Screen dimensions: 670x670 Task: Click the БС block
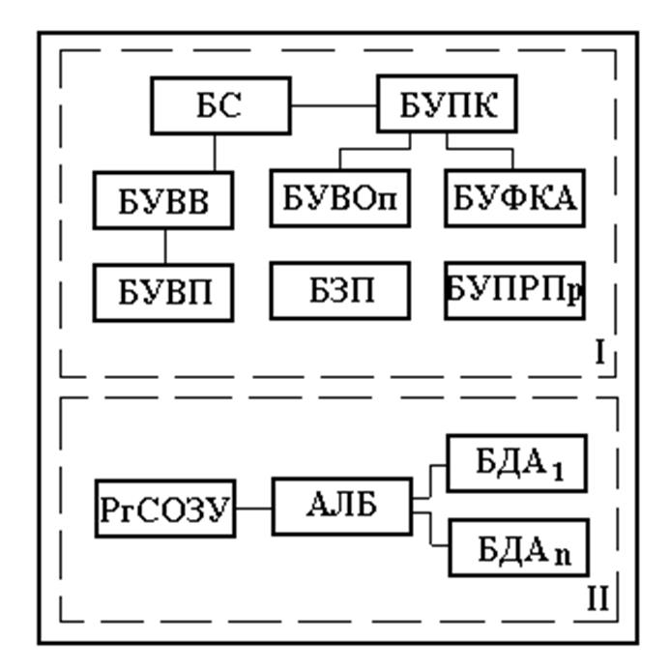[220, 105]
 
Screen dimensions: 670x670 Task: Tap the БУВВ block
[164, 199]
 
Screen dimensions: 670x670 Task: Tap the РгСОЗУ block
[165, 507]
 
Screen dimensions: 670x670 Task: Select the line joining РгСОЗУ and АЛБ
[254, 507]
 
